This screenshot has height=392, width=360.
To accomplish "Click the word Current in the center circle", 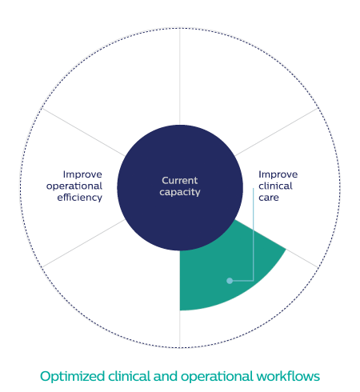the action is click(180, 181).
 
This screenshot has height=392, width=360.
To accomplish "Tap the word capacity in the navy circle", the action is click(180, 192).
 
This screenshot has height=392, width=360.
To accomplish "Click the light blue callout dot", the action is click(230, 281).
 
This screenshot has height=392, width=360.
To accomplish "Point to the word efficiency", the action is click(80, 198).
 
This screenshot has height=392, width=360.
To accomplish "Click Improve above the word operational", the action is click(82, 174).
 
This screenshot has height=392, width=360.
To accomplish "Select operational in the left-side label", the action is click(74, 186).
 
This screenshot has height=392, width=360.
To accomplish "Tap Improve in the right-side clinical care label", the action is click(278, 174).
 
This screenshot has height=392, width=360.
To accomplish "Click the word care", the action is click(269, 198).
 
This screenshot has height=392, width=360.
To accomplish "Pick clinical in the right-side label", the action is click(275, 186).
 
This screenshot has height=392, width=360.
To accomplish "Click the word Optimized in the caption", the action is click(72, 377).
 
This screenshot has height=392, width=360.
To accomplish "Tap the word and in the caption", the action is click(166, 376).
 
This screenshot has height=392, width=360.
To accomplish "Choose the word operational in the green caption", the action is click(217, 377).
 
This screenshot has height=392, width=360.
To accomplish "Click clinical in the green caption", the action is click(130, 376).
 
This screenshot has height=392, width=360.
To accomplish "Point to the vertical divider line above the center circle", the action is click(180, 76).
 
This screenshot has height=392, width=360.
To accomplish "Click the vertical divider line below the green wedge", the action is click(180, 330).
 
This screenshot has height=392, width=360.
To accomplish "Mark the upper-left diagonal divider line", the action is click(83, 132).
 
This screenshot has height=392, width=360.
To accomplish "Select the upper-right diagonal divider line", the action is click(277, 132).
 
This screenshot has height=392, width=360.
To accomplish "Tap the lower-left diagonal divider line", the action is click(83, 243).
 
